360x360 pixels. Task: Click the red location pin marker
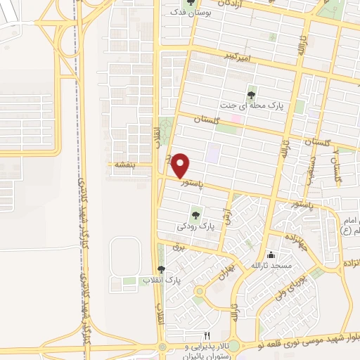pyautogui.click(x=181, y=165)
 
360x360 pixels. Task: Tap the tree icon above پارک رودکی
pyautogui.click(x=196, y=214)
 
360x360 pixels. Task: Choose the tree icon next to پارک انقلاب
pyautogui.click(x=161, y=270)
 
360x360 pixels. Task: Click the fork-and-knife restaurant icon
pyautogui.click(x=206, y=336)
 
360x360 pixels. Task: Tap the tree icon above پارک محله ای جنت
pyautogui.click(x=251, y=95)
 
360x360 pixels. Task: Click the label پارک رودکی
pyautogui.click(x=195, y=226)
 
